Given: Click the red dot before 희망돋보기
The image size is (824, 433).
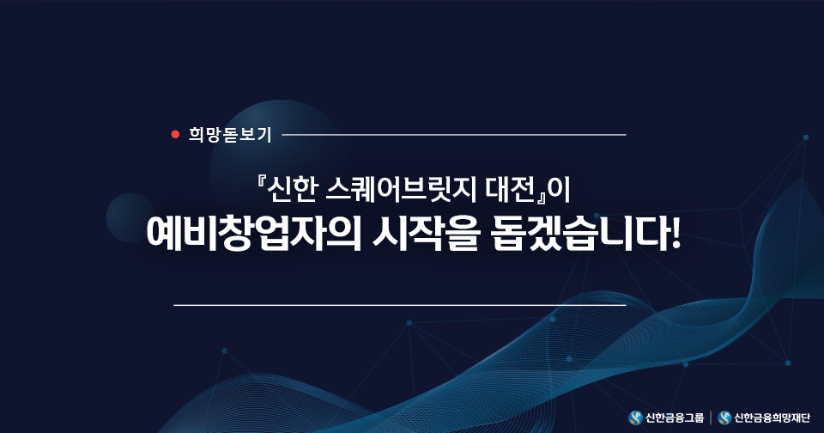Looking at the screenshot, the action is (175, 135).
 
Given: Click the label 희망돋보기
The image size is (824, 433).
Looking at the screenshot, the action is (230, 135).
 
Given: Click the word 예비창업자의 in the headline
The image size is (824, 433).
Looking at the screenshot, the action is (254, 233).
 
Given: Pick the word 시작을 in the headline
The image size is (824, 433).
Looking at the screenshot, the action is (426, 233).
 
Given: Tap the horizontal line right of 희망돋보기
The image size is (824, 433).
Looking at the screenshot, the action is (454, 135).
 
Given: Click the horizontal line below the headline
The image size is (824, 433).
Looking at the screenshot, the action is (400, 305).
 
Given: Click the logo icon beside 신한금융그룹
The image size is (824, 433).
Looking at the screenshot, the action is (635, 418).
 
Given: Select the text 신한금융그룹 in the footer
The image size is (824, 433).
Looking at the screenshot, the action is (675, 418).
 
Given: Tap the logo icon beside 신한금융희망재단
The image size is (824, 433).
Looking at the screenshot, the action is (724, 418).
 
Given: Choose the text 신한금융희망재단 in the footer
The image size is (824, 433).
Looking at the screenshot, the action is (772, 418).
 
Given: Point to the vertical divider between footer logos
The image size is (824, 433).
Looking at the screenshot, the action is (711, 418).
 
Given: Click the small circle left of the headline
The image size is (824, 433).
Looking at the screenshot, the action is (130, 217).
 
